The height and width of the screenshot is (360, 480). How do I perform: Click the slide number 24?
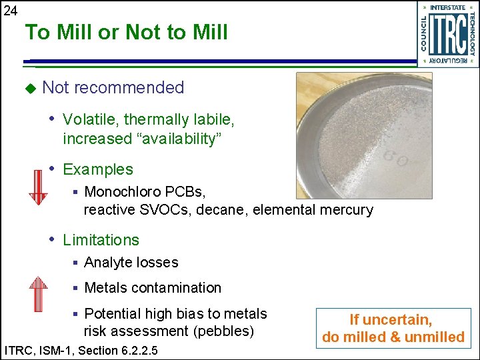(10, 10)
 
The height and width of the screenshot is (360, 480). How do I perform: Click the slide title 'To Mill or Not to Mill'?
(127, 32)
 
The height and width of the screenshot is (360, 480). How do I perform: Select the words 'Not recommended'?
(113, 87)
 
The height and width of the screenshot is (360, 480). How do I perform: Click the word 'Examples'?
(98, 169)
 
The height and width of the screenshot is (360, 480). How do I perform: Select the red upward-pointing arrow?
(38, 293)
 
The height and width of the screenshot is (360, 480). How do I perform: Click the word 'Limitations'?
(101, 240)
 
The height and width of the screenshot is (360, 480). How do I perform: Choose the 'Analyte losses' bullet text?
(131, 263)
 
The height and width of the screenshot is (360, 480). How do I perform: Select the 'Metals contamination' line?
(153, 288)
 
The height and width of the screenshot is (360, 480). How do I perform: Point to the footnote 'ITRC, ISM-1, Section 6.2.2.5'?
(81, 350)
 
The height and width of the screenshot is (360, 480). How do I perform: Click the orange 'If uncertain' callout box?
(393, 329)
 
